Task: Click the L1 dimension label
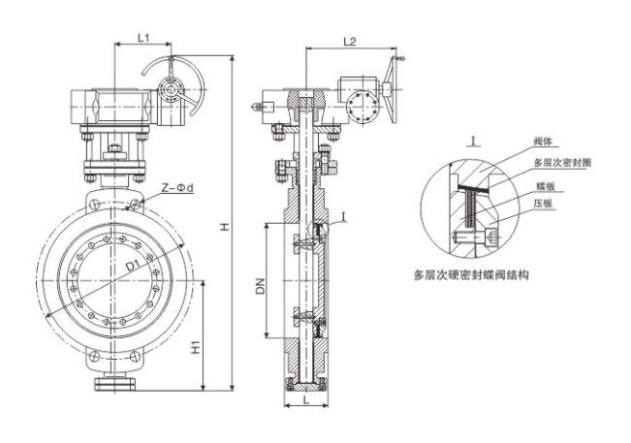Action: [x=142, y=38]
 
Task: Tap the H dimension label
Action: [x=223, y=226]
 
